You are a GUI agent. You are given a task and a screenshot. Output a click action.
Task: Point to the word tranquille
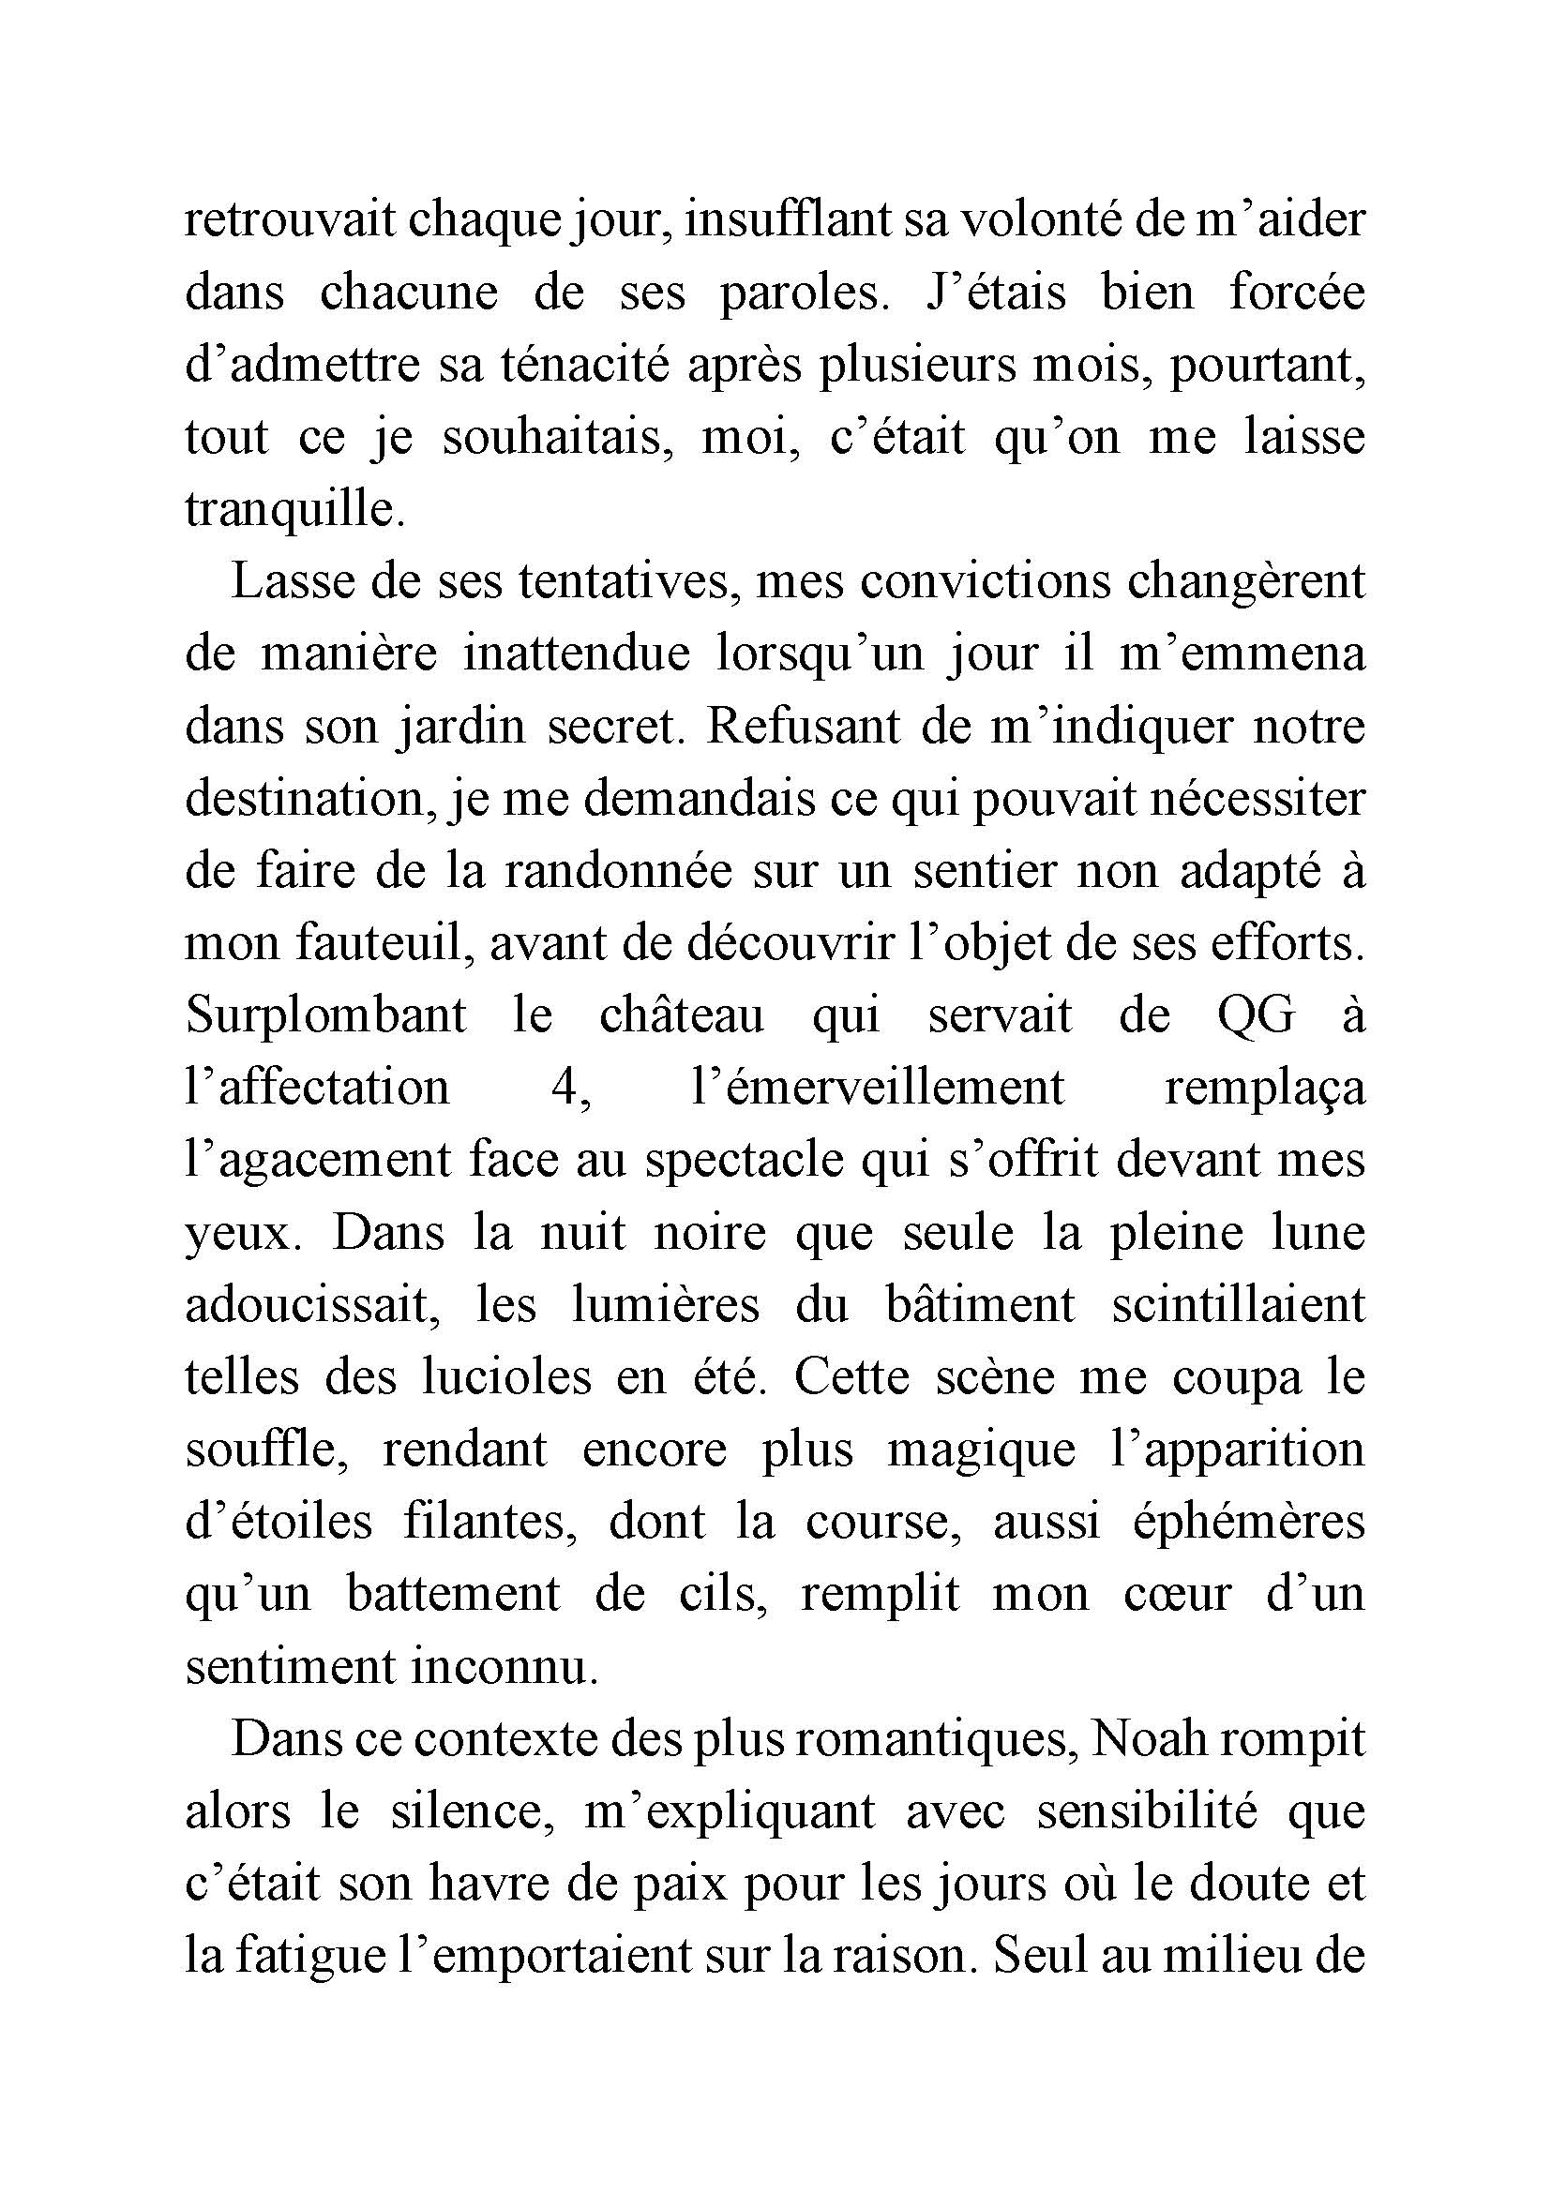tap(294, 510)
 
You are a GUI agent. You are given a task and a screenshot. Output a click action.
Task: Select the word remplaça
tap(1265, 1089)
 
